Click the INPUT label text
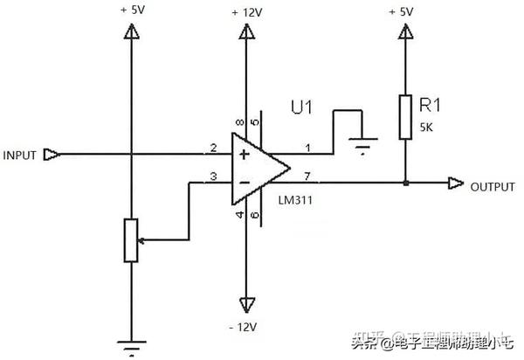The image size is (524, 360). (x=20, y=156)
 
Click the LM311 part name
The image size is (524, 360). (x=297, y=200)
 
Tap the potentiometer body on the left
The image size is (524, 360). (x=131, y=239)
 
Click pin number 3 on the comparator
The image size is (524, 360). (x=213, y=177)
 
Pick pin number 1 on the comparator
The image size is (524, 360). (x=305, y=147)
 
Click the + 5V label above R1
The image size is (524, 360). (x=403, y=11)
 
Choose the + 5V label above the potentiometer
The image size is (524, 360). (x=131, y=11)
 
